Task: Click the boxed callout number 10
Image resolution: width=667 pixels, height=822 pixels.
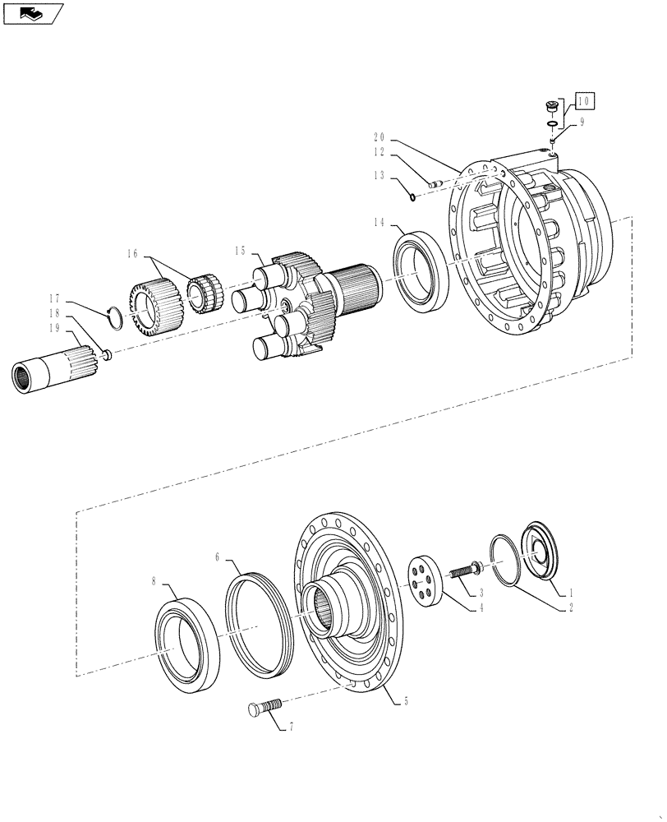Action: click(584, 102)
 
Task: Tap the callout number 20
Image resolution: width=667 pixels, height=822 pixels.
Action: click(379, 137)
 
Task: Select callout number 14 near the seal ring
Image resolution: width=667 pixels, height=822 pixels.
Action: click(379, 223)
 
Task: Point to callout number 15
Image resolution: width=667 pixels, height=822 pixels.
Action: click(240, 250)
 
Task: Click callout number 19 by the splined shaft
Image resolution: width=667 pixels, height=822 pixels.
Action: click(55, 328)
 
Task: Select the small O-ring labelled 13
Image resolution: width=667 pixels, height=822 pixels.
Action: click(411, 195)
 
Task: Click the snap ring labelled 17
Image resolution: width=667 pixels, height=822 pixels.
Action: click(116, 315)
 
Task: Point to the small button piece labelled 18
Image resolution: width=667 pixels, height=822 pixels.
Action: click(106, 354)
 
